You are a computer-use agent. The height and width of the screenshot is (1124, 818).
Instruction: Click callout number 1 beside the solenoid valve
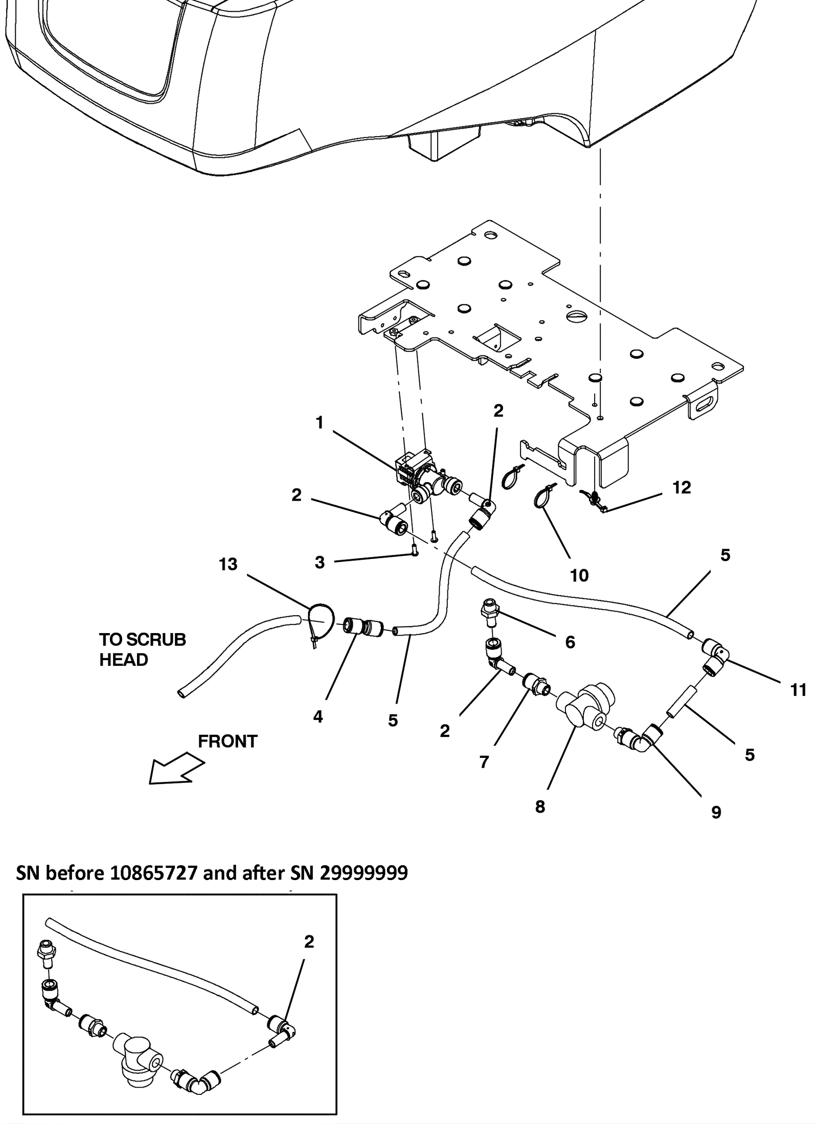pos(320,423)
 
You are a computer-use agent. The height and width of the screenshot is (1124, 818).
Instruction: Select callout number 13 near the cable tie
pos(228,564)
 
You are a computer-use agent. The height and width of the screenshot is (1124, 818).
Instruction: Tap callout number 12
pos(681,487)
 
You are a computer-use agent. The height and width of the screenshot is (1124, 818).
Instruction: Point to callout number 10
pos(579,576)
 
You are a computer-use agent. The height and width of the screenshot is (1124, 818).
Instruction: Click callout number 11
pos(799,690)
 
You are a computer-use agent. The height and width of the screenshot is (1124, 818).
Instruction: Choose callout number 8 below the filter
pos(540,806)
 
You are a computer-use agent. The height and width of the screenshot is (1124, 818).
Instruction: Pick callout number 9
pos(716,812)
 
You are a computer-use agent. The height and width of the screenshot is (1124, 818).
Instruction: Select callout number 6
pos(570,642)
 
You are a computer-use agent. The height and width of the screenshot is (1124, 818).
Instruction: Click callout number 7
pos(484,762)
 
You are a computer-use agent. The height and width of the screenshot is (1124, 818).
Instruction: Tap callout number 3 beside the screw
pos(320,563)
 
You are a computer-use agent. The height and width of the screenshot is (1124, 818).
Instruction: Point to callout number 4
pos(318,716)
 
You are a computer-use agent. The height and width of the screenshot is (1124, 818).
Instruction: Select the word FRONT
pos(228,741)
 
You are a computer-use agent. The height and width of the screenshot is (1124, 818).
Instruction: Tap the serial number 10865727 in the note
pos(153,872)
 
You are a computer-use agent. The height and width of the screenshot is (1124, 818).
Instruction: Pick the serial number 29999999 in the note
pos(364,872)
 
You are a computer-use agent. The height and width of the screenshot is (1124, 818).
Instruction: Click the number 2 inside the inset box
pos(309,941)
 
